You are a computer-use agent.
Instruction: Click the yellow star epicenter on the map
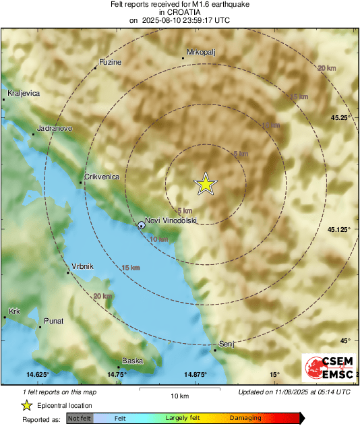coord(206,184)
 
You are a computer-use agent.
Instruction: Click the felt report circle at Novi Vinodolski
coord(141,225)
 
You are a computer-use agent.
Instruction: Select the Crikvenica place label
coord(102,177)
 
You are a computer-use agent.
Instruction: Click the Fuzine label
coord(110,62)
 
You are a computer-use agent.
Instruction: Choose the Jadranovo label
coord(54,128)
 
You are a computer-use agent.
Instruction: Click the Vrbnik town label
coord(82,267)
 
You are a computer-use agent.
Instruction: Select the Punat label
coord(53,321)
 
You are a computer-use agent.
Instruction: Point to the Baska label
coord(132,361)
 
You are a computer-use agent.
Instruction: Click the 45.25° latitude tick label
coord(339,118)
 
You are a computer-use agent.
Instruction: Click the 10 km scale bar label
coord(179,394)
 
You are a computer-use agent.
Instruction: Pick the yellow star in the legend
coord(26,405)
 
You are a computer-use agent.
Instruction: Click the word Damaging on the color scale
coord(245,418)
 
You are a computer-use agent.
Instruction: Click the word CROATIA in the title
coord(179,12)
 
